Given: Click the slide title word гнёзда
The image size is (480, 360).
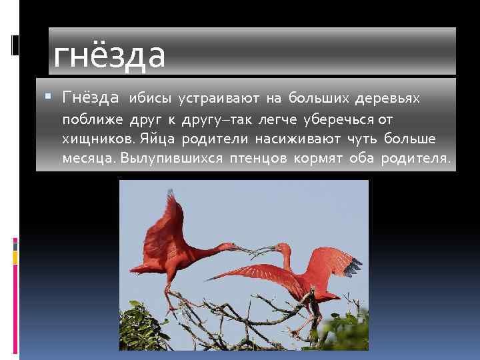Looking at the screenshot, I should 109,56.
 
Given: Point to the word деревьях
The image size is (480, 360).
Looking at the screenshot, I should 387,99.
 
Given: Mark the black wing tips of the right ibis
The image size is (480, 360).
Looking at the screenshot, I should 352,266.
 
